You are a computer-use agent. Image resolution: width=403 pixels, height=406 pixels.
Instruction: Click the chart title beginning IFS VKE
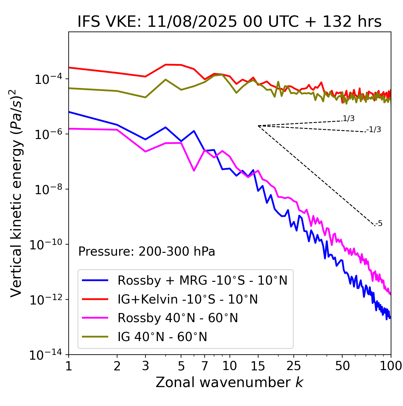230,22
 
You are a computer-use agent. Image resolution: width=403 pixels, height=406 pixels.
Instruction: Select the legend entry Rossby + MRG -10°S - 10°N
202,280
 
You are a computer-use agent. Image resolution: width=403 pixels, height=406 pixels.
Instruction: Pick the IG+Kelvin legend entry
188,299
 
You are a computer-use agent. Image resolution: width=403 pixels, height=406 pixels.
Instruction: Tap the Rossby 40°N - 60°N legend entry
178,318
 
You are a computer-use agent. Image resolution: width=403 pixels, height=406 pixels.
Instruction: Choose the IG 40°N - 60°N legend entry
162,337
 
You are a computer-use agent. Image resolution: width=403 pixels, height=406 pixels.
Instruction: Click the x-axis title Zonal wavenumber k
230,382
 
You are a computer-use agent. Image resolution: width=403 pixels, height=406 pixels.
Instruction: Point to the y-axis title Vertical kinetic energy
17,193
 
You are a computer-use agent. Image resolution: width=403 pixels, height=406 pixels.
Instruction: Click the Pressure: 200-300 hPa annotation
147,252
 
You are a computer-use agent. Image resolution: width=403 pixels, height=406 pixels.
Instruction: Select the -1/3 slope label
374,130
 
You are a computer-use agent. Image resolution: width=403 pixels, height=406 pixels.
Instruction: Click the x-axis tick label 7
205,366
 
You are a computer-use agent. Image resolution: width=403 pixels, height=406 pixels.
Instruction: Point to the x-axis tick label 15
258,366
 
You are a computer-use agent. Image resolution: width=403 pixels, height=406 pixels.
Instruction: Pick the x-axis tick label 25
293,366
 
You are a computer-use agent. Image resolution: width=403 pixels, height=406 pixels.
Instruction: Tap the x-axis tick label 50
343,366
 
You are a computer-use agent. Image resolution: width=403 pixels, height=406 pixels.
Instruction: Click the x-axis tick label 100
391,366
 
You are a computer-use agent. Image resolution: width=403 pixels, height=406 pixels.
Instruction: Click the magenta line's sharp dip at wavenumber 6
194,171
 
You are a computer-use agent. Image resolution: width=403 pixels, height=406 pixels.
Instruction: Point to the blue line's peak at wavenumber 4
166,127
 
